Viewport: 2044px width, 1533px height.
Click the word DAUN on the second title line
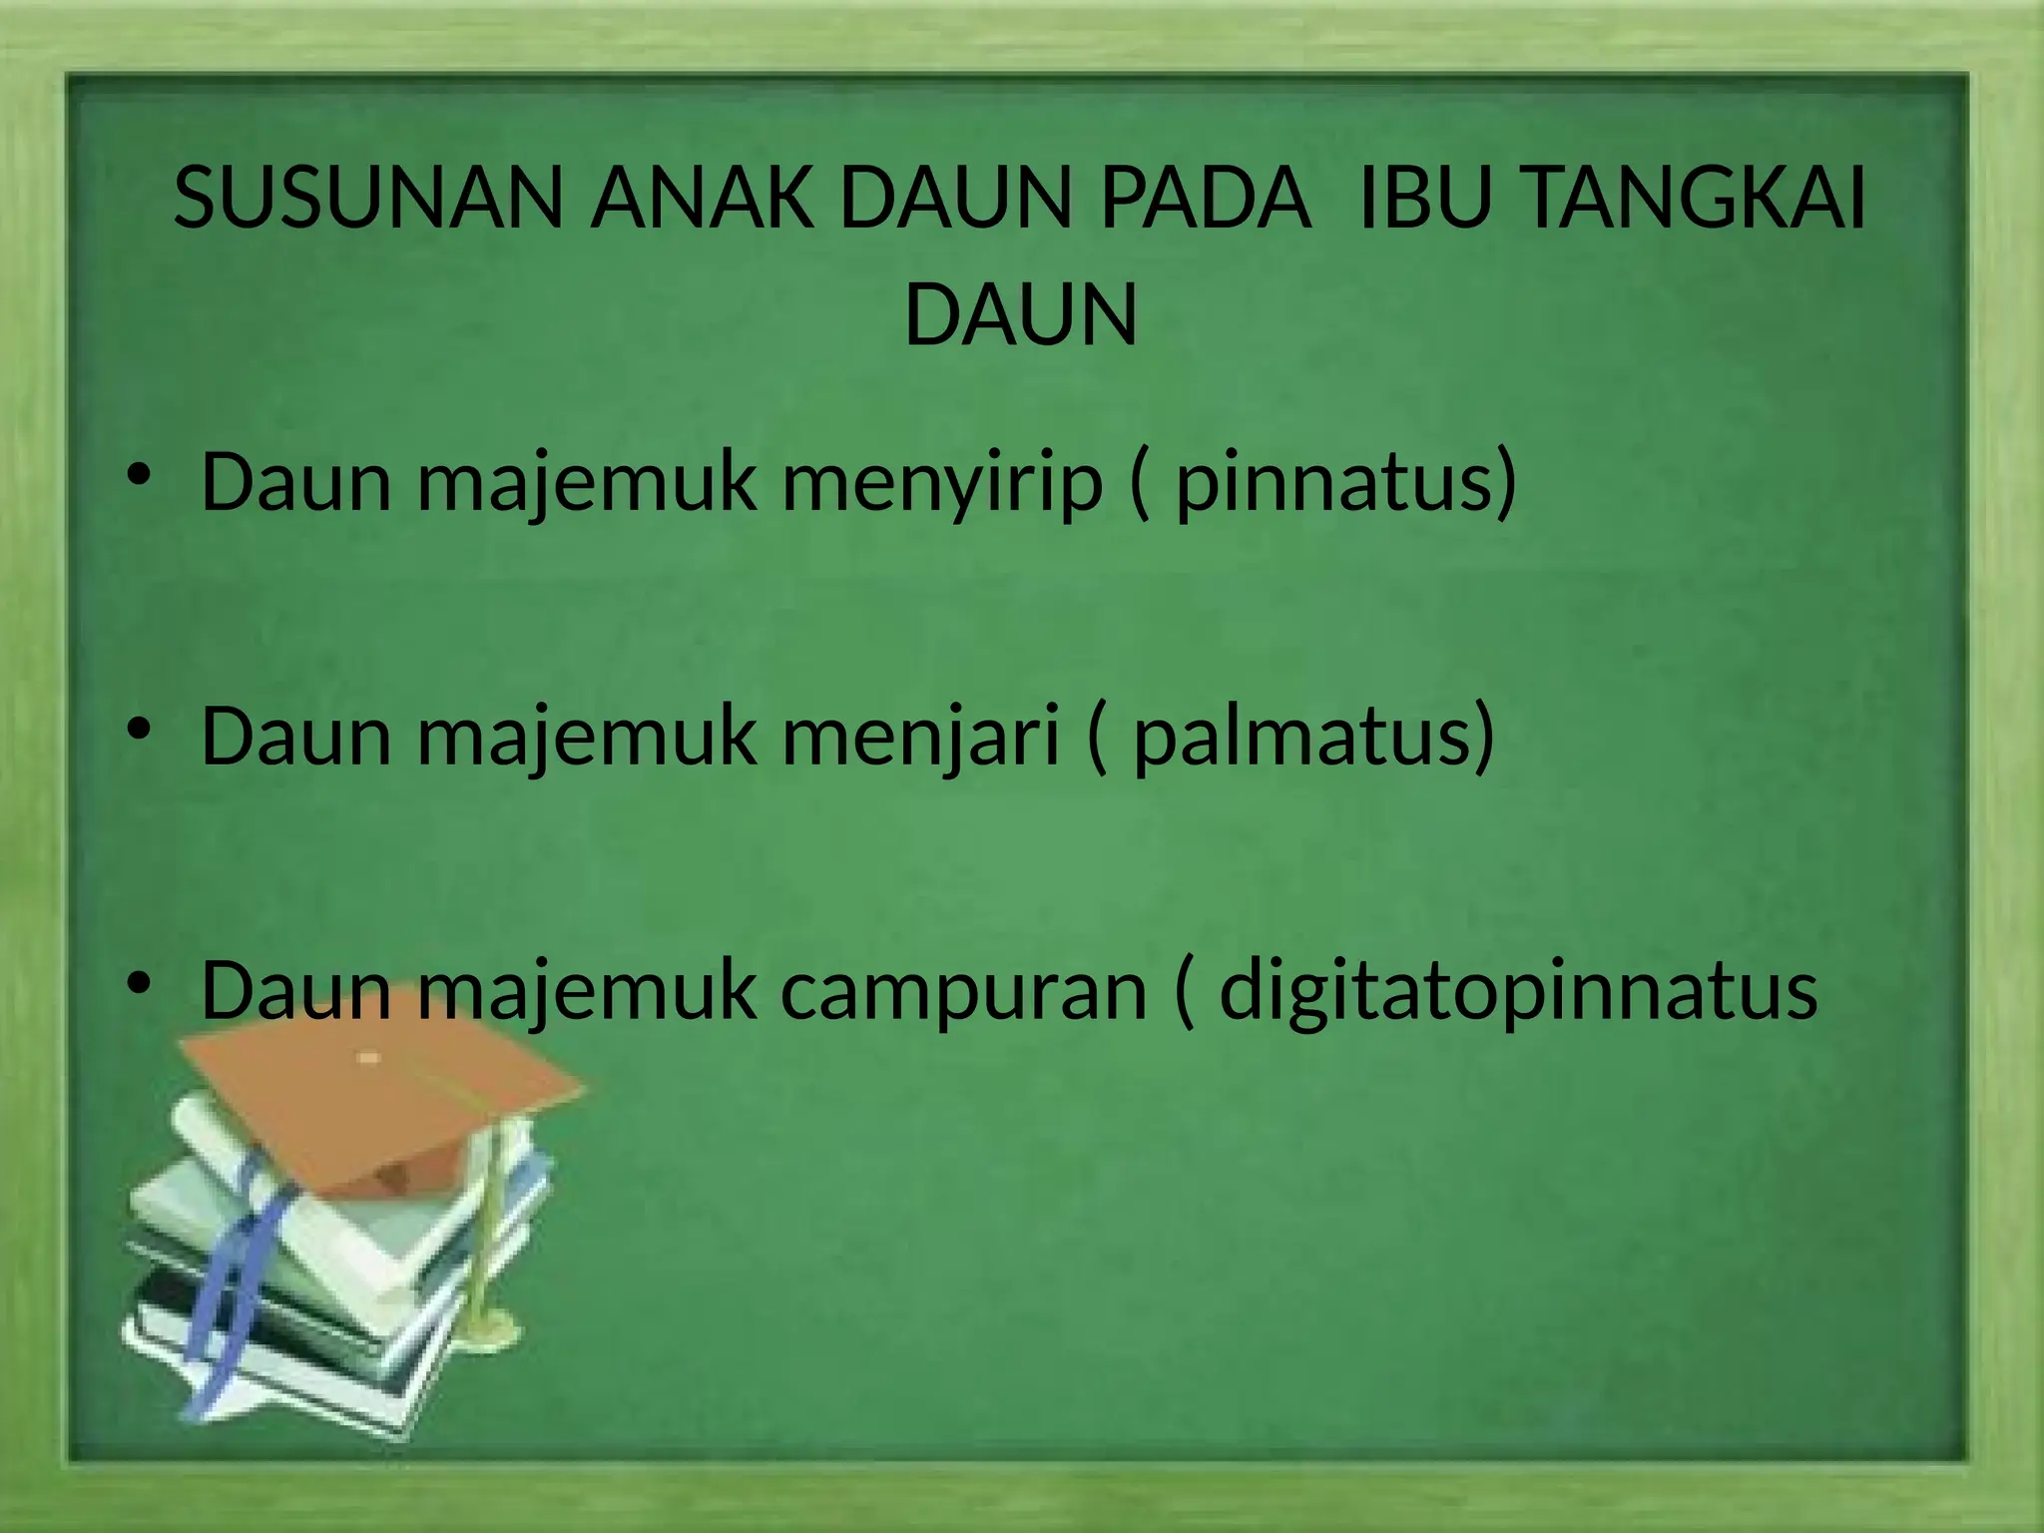pos(1020,315)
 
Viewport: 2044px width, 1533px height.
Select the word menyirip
pos(941,484)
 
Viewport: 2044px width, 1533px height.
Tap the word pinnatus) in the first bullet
pos(1345,484)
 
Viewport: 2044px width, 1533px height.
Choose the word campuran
pos(963,991)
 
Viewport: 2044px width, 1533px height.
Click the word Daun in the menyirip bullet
pos(296,482)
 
